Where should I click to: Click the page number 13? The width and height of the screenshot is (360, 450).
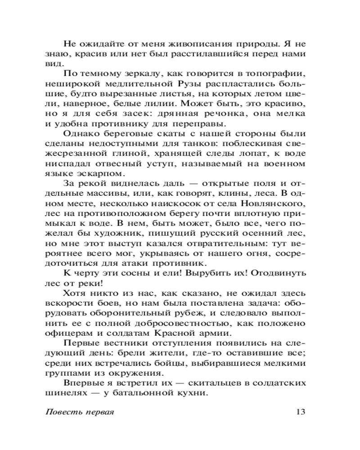click(x=301, y=412)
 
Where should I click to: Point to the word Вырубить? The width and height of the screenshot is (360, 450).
click(x=213, y=273)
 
